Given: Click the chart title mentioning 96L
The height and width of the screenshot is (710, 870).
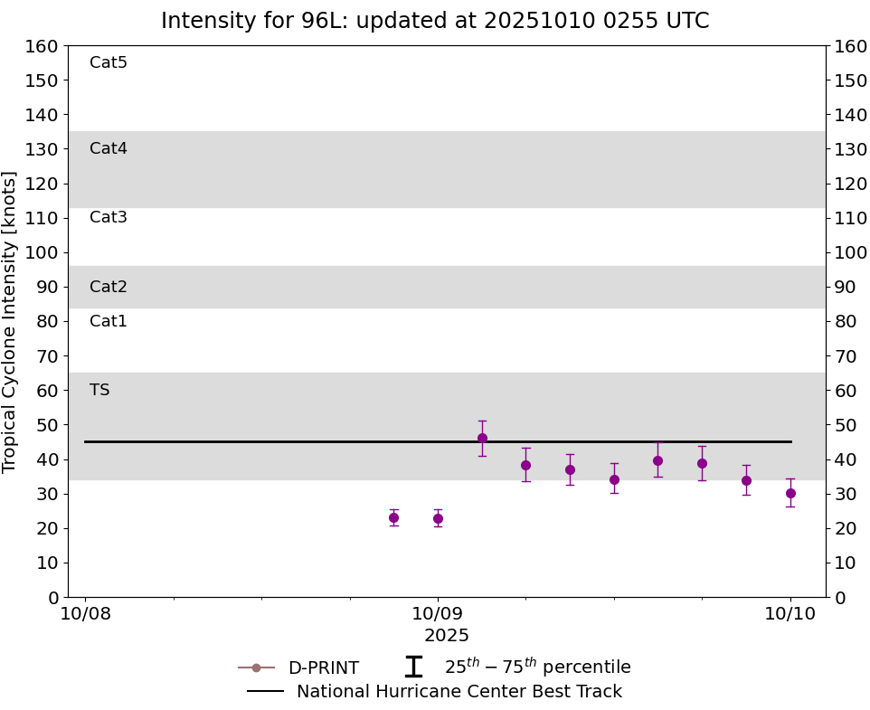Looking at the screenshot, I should (435, 21).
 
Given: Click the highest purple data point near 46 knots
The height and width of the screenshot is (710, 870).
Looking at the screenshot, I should (482, 438).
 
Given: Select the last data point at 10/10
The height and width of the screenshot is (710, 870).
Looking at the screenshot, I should (790, 493).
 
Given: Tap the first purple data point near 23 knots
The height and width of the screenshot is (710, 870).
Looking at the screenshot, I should (393, 517).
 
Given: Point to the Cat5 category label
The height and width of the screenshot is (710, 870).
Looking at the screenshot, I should (109, 62).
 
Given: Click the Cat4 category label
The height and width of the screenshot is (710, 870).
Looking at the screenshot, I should (109, 148).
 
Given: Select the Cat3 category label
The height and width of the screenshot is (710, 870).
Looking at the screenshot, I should (109, 217).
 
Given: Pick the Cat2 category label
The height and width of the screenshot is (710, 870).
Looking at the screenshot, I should (109, 287).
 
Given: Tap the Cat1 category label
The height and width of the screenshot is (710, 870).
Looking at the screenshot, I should (109, 321).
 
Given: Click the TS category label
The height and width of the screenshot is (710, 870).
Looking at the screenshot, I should (99, 390).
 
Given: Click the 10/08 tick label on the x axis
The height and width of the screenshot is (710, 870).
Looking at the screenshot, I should (85, 614).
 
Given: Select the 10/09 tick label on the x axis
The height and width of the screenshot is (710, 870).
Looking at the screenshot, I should (438, 614).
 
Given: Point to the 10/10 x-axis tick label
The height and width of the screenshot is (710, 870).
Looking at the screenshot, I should (790, 614).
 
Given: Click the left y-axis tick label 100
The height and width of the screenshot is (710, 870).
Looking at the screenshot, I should (43, 252).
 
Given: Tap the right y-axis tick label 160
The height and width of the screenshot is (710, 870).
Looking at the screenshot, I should (851, 46).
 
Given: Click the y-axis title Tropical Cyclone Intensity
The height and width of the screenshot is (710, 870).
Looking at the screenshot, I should (11, 321).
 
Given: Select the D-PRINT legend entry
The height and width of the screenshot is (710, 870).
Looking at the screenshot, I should (323, 667).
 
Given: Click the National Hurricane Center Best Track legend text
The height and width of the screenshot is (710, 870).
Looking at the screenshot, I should (459, 692).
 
